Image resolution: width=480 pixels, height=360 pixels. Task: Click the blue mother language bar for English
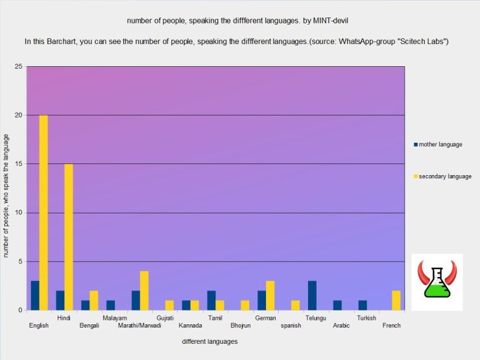[35, 295]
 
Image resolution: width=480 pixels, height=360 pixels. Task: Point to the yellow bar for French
[396, 300]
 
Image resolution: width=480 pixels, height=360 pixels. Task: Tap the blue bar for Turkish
[363, 305]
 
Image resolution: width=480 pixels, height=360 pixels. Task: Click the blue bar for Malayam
[110, 305]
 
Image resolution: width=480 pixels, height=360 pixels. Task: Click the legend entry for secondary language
[444, 176]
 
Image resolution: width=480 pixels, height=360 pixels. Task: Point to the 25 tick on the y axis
[18, 67]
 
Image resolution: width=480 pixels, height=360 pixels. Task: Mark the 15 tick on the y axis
[18, 164]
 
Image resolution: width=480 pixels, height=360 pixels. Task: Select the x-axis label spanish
[290, 326]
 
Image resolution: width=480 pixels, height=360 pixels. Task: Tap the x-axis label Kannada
[190, 326]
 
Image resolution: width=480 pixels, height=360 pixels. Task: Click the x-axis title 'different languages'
[210, 341]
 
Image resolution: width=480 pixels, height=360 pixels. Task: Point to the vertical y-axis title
[6, 195]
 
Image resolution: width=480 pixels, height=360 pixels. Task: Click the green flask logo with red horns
[437, 282]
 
